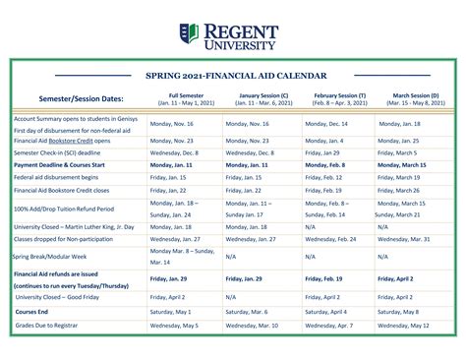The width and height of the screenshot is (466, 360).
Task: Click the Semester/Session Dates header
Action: (82, 98)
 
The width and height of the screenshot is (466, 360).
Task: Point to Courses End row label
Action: (33, 310)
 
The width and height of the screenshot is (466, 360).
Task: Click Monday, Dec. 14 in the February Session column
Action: (326, 124)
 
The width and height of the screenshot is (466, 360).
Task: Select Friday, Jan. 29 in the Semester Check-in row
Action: (323, 152)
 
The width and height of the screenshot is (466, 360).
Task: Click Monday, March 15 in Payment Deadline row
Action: (402, 164)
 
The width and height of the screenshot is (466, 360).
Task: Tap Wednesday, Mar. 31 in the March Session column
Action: (404, 238)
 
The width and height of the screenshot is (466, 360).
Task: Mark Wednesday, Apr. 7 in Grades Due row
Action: (328, 324)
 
